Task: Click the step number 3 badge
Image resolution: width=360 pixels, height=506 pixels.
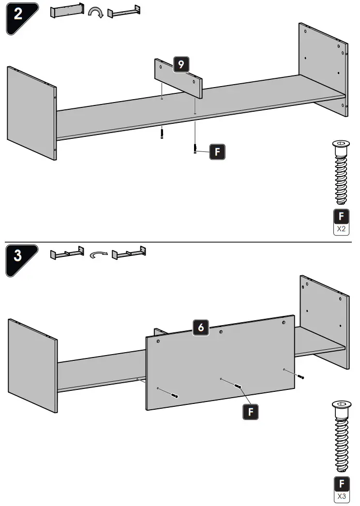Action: click(18, 255)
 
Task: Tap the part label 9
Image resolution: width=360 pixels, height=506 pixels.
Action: click(181, 65)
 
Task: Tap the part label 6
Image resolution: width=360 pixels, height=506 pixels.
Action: click(201, 328)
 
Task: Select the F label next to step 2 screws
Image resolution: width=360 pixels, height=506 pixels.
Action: click(217, 152)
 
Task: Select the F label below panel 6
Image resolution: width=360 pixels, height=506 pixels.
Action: click(250, 412)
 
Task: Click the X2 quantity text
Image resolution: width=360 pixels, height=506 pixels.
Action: click(342, 228)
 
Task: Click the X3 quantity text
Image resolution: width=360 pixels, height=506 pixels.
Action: click(342, 496)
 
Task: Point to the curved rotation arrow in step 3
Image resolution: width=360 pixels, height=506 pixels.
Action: click(99, 253)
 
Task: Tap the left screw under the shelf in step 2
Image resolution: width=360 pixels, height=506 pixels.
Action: click(163, 133)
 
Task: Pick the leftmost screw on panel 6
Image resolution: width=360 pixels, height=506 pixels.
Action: click(174, 395)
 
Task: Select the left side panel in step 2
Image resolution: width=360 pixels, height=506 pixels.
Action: click(31, 113)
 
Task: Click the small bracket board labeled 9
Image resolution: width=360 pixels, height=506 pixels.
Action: click(178, 77)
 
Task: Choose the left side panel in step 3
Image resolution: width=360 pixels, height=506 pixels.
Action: click(32, 366)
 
